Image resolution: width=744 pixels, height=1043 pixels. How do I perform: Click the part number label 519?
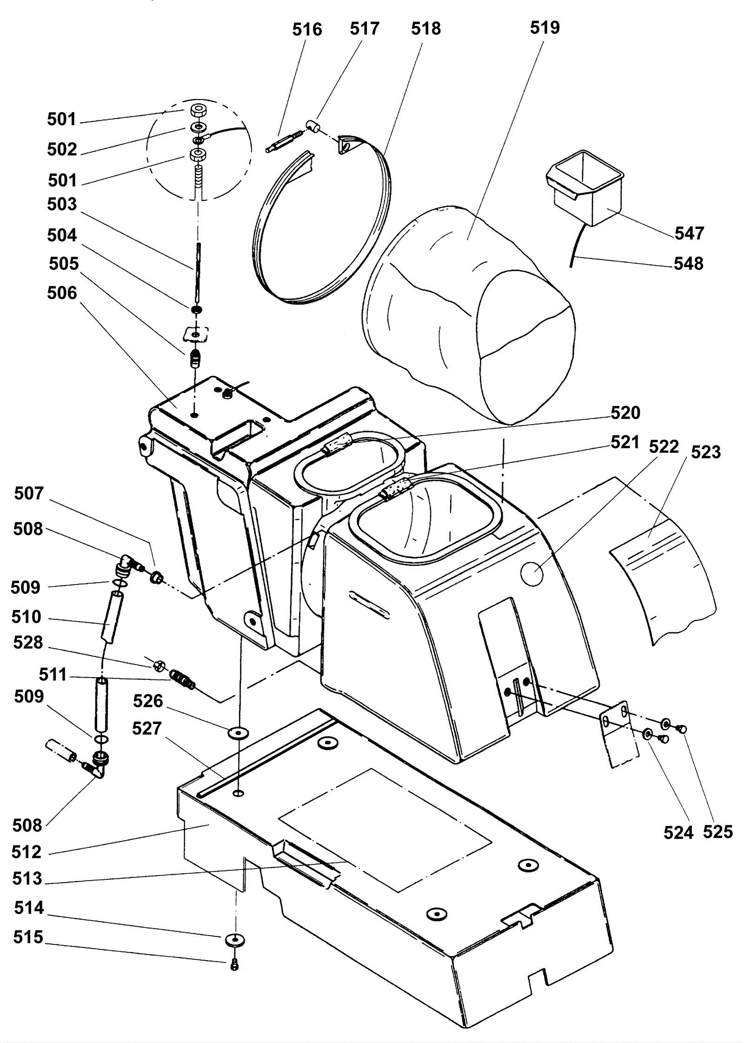tap(545, 28)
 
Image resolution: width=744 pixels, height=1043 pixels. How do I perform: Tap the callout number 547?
tap(689, 233)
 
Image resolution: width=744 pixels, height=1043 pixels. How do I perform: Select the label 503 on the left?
tap(62, 204)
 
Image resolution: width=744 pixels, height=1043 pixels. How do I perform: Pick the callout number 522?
tap(664, 447)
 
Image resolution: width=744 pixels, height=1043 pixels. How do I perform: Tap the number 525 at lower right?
tap(717, 832)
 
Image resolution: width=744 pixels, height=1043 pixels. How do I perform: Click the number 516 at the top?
tap(307, 29)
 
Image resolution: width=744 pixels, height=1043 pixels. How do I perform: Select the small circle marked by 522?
tap(532, 575)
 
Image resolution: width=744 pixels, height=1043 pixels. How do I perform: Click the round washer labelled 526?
tap(238, 733)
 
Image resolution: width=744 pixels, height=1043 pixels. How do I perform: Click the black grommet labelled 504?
tap(196, 310)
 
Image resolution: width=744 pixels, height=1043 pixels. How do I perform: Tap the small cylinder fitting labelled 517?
tap(312, 126)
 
